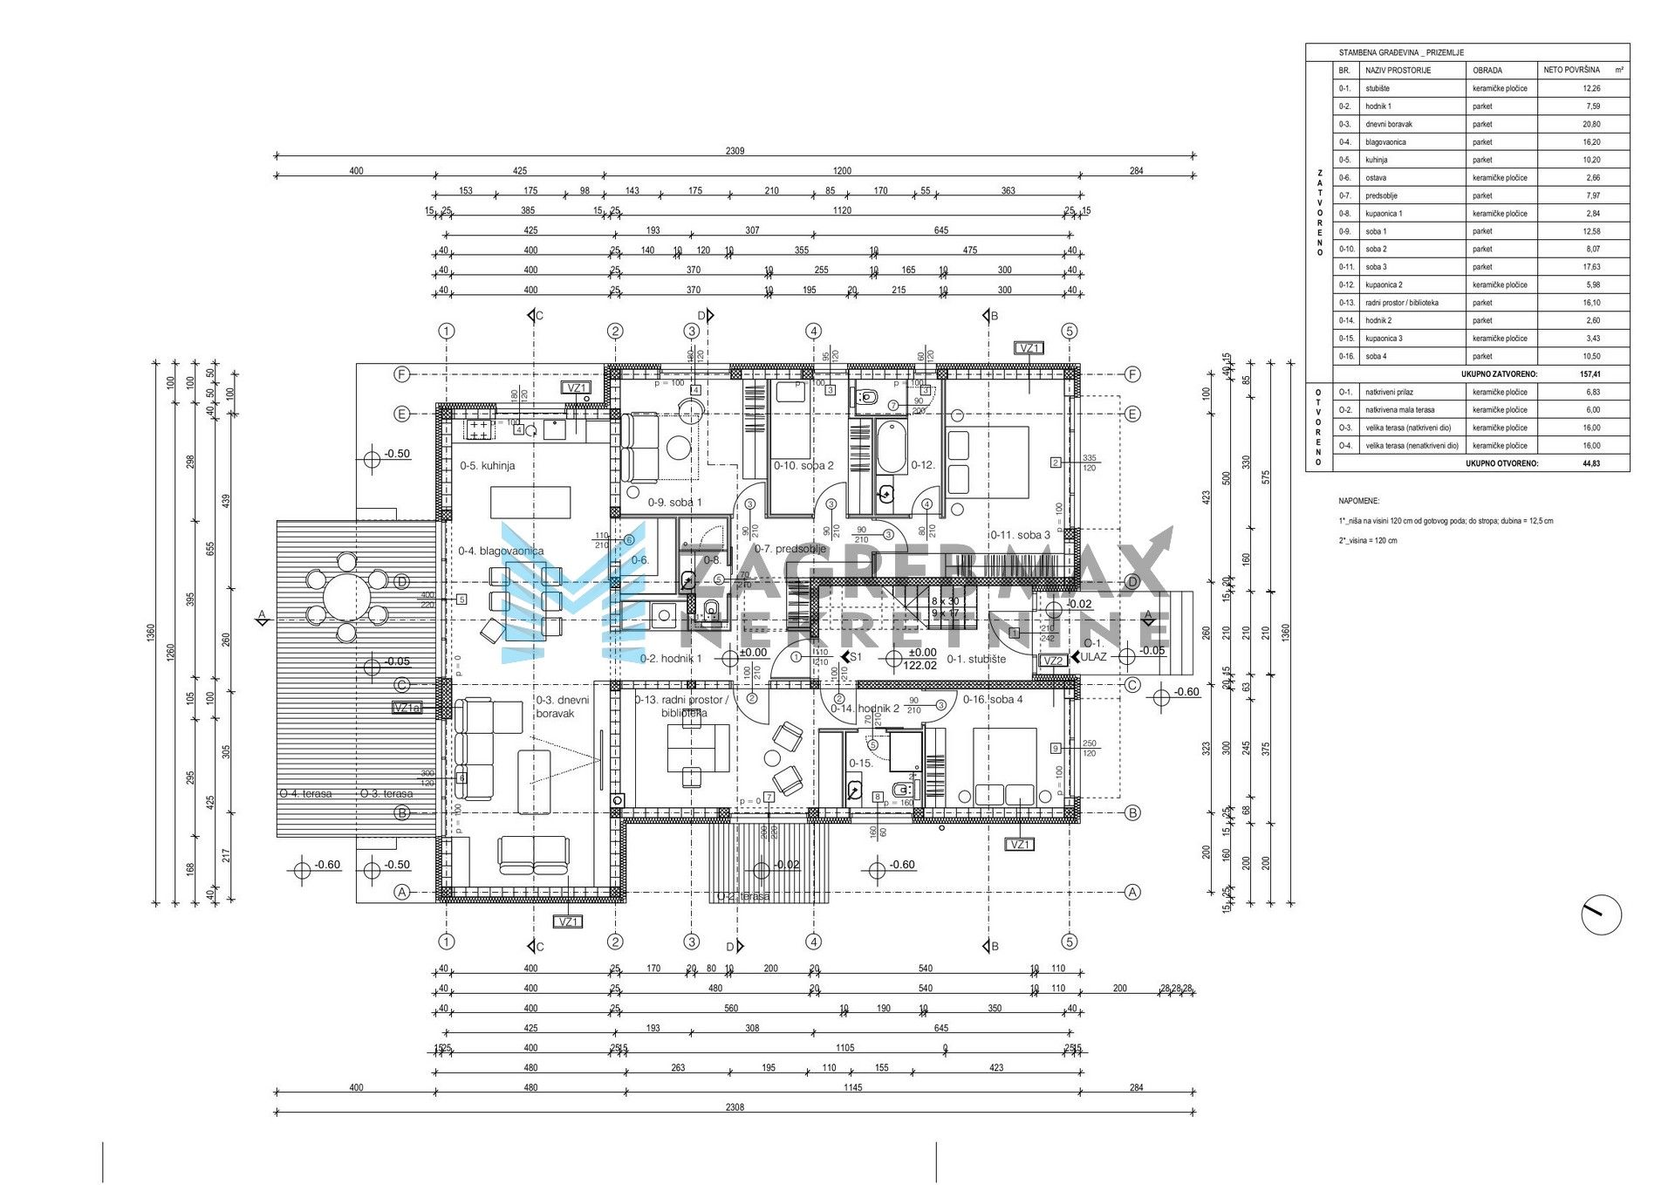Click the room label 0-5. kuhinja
pyautogui.click(x=487, y=466)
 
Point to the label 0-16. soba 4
pyautogui.click(x=993, y=699)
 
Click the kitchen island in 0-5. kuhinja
pyautogui.click(x=530, y=503)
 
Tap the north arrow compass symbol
pyautogui.click(x=1601, y=916)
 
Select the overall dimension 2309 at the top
pyautogui.click(x=735, y=151)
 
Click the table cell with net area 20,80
pyautogui.click(x=1591, y=124)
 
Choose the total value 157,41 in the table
pyautogui.click(x=1591, y=374)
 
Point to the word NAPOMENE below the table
pyautogui.click(x=1358, y=502)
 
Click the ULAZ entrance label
pyautogui.click(x=1094, y=657)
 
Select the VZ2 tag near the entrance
pyautogui.click(x=1054, y=661)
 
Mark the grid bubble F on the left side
pyautogui.click(x=402, y=374)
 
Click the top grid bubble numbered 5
pyautogui.click(x=1070, y=331)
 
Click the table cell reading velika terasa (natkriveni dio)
pyautogui.click(x=1412, y=428)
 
